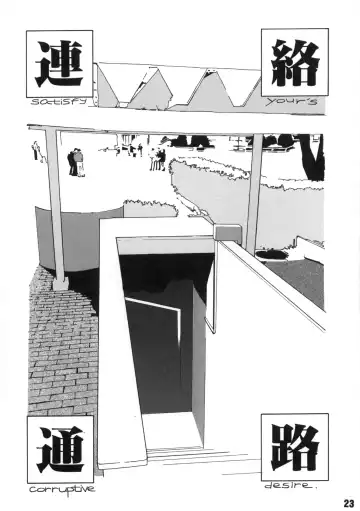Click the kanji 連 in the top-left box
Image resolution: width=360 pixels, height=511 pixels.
point(59,64)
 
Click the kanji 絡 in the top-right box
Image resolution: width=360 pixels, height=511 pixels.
point(295,63)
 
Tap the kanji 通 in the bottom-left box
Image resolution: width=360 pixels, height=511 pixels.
point(60,449)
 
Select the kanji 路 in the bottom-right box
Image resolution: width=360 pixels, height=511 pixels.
point(295,447)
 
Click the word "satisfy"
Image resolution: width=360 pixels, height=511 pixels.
point(59,102)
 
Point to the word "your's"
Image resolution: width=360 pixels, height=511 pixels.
point(291,101)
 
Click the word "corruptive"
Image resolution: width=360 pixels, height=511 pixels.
point(62,490)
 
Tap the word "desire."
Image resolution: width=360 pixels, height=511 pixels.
point(289,486)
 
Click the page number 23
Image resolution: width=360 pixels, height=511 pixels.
point(349,503)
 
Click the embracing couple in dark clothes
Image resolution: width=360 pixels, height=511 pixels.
point(76,162)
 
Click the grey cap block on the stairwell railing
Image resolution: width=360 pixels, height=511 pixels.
point(227,232)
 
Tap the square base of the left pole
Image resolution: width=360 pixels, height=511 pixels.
point(60,284)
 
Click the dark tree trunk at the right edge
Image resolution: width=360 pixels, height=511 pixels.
point(313,156)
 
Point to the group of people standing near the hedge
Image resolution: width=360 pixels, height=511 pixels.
point(158,159)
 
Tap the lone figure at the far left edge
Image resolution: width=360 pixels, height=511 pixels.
point(35,150)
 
